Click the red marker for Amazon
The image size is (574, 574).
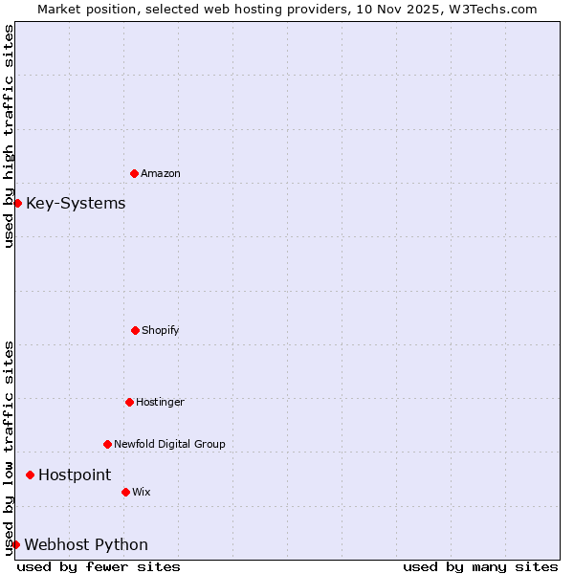point(134,173)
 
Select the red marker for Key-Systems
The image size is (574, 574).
point(17,203)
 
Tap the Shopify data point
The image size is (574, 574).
point(135,330)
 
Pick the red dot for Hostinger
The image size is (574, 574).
point(129,402)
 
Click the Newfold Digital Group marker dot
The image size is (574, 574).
point(107,444)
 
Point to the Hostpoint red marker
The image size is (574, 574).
point(30,475)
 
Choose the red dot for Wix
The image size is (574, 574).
point(125,492)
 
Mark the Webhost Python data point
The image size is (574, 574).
point(15,544)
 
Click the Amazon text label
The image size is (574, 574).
point(161,173)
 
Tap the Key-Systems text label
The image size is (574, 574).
point(76,203)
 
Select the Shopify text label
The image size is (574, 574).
point(161,330)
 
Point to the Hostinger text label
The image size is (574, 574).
point(160,402)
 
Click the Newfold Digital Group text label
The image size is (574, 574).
point(169,444)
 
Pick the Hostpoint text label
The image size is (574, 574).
point(75,475)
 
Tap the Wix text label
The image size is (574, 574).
point(142,492)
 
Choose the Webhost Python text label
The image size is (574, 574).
point(86,544)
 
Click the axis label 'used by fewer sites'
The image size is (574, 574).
point(99,566)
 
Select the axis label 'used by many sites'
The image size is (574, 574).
point(480,566)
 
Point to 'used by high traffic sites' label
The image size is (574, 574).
point(9,136)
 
